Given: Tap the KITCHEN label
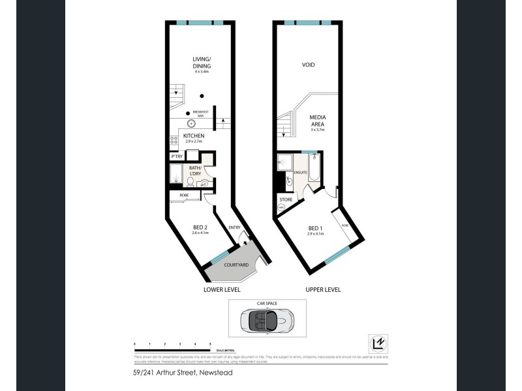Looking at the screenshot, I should (x=194, y=136).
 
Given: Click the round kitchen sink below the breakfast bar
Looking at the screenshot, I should (x=192, y=123).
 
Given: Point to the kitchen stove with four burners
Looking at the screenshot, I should (x=173, y=139).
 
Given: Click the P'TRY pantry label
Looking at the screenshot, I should (x=176, y=156).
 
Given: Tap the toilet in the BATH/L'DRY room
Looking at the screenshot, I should (x=203, y=184).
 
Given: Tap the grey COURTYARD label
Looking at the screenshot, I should (x=234, y=265).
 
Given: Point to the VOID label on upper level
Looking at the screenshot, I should (x=309, y=65).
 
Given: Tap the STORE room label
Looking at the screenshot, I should (x=285, y=199).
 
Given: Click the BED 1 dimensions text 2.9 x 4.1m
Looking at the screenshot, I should (x=316, y=233).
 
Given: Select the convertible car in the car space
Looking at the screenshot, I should (x=267, y=320).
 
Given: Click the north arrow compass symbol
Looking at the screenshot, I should (x=376, y=341).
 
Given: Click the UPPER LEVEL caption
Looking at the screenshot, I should (x=322, y=289).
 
